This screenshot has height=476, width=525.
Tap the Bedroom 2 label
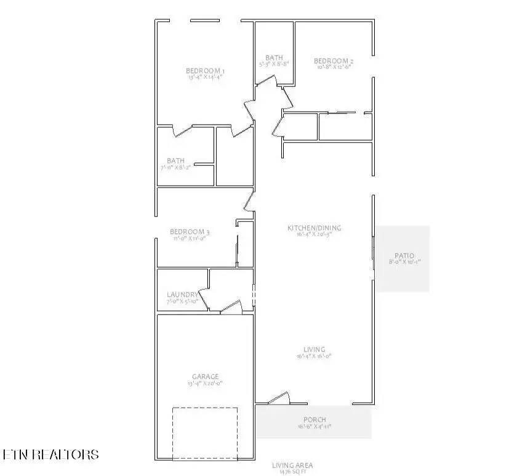pos(334,61)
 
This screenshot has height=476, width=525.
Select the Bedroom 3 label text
pos(190,232)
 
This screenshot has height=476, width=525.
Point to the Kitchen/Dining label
pos(314,228)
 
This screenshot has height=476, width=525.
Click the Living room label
pos(314,350)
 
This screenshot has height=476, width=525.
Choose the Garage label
pos(205,376)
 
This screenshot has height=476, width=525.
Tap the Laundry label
pos(182,295)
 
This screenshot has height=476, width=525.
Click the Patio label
pos(404,256)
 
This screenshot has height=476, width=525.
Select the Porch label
pos(314,420)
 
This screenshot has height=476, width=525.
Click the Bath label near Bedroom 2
pos(274,57)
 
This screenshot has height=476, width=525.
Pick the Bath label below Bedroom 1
pos(175,161)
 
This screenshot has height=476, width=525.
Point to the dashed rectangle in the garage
pos(204,433)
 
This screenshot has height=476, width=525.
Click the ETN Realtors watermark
pos(50,455)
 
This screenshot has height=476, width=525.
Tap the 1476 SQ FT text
pos(297,472)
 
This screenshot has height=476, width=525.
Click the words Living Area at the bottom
pos(297,466)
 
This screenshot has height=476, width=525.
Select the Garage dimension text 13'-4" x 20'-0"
pos(205,384)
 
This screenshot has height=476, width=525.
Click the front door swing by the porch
pos(279,398)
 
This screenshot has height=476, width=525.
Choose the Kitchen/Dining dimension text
pos(314,234)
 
